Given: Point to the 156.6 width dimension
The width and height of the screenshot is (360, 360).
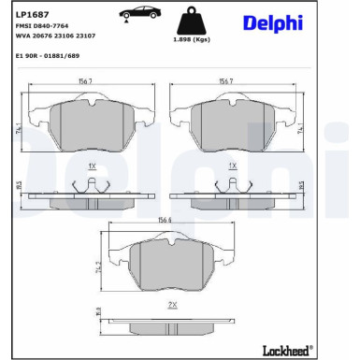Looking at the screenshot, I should coord(165,221).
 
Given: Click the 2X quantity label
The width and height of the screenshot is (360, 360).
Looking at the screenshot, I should coord(173,305).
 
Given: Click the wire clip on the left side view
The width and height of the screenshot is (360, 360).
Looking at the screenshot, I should coord(91,183).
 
